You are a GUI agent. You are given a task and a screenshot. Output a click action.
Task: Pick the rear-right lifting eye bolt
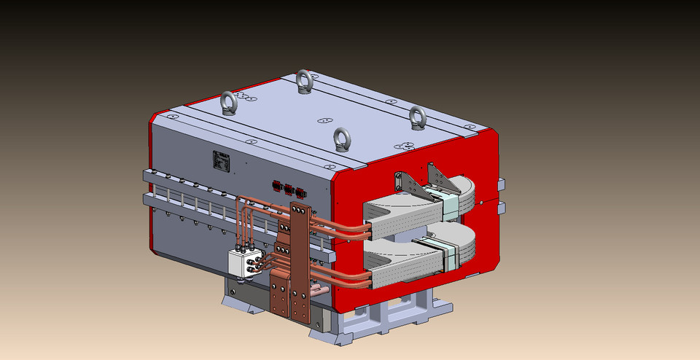coord(417,117)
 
